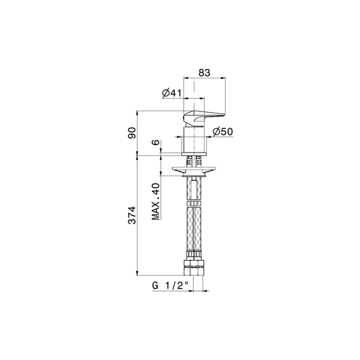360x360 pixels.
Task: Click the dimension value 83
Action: pyautogui.click(x=204, y=72)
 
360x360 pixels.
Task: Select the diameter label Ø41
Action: pyautogui.click(x=172, y=93)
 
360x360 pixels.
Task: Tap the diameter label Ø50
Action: pyautogui.click(x=223, y=132)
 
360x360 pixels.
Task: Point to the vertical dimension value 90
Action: pyautogui.click(x=132, y=132)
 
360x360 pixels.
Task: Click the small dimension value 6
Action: pyautogui.click(x=155, y=142)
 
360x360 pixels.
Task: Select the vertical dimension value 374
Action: pyautogui.click(x=132, y=215)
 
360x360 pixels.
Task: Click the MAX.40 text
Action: pyautogui.click(x=155, y=201)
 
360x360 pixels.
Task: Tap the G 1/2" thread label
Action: pyautogui.click(x=170, y=286)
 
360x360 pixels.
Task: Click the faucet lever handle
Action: pyautogui.click(x=204, y=118)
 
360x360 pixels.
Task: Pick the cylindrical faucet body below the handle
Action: pyautogui.click(x=195, y=139)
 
